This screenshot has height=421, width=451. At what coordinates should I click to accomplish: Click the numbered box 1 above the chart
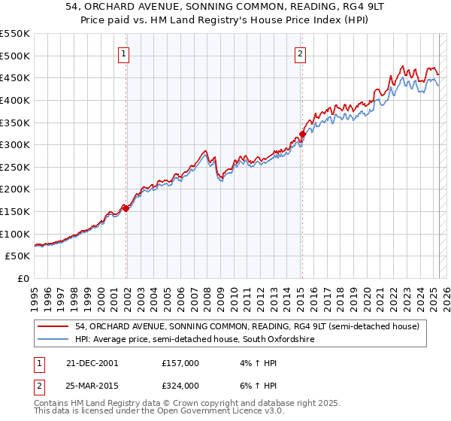[x=123, y=53]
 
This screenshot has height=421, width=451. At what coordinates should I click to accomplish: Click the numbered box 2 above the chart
[x=300, y=53]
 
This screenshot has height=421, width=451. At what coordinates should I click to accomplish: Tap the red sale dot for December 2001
[x=126, y=209]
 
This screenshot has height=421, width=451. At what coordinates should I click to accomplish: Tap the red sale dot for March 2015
[x=302, y=135]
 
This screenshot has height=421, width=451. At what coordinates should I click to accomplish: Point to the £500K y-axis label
[x=14, y=56]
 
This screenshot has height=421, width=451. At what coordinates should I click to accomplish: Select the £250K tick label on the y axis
[x=14, y=167]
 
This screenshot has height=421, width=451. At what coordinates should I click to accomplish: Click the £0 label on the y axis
[x=23, y=278]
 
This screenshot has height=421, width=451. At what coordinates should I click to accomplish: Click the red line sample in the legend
[x=53, y=326]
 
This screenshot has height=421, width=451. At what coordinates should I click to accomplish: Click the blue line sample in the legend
[x=53, y=340]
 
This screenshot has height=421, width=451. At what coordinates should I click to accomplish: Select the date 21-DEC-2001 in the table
[x=92, y=363]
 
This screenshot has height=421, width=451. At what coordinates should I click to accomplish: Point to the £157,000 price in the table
[x=180, y=363]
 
